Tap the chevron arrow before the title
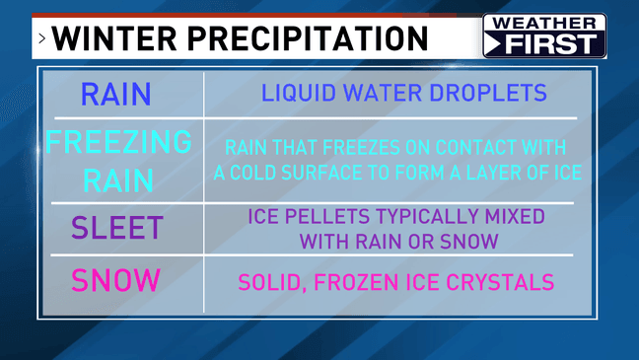[42, 39]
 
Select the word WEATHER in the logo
[544, 24]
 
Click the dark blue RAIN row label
[116, 95]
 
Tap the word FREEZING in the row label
[118, 143]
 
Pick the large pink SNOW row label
[115, 280]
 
